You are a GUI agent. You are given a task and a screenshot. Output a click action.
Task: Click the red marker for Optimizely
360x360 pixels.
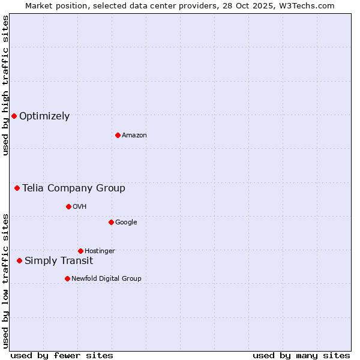[x=14, y=116]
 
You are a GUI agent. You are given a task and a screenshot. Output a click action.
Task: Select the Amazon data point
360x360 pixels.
[x=118, y=135]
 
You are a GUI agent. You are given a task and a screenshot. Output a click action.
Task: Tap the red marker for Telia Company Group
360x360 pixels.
[x=17, y=188]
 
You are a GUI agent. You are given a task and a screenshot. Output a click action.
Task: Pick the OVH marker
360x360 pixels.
[x=68, y=206]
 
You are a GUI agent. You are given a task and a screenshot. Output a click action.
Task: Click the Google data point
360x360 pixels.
[x=111, y=222]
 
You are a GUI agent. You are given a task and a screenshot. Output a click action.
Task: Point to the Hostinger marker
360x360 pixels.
[x=80, y=251]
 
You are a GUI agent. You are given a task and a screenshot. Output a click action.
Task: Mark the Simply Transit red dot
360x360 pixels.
[x=20, y=260]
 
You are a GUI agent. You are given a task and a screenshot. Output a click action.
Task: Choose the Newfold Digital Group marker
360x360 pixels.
[x=67, y=278]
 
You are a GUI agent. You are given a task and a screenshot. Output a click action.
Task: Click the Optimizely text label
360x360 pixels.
[x=44, y=116]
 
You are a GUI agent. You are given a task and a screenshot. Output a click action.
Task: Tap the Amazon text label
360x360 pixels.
[x=134, y=136]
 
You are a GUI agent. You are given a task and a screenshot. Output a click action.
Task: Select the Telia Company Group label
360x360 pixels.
[x=74, y=188]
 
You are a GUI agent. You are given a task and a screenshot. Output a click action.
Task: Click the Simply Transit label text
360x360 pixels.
[x=59, y=260]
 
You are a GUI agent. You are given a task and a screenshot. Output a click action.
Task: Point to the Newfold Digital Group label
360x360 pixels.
[x=107, y=278]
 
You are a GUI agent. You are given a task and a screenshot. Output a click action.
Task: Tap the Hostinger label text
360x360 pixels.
[x=100, y=251]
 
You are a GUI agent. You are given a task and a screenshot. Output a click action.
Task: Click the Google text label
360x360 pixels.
[x=126, y=222]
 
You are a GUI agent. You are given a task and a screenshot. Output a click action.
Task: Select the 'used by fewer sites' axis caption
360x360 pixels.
[x=62, y=355]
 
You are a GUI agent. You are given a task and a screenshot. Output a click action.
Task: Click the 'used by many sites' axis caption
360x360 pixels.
[x=301, y=355]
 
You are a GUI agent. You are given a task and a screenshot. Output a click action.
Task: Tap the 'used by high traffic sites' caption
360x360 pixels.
[x=5, y=85]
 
